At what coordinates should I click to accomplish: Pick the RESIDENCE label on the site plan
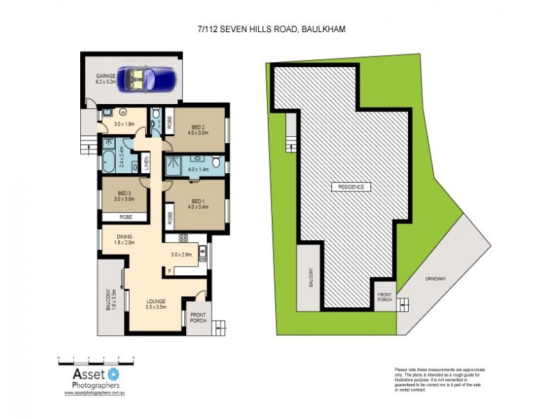(351, 186)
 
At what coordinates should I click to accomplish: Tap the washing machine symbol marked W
(123, 110)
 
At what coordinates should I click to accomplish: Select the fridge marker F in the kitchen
(169, 270)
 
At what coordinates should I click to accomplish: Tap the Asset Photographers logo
(96, 378)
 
